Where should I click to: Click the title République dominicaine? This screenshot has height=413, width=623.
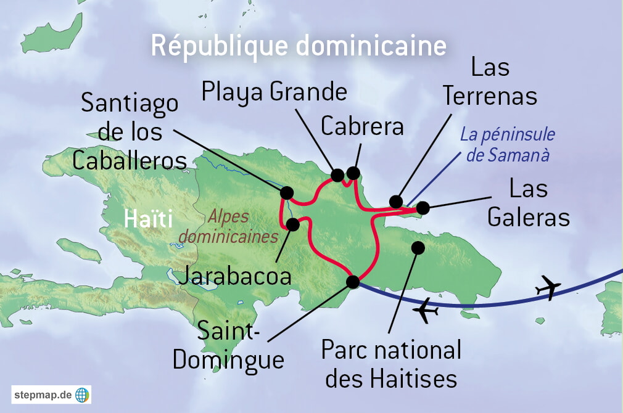click(x=299, y=47)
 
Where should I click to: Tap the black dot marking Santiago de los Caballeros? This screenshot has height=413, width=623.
click(x=287, y=193)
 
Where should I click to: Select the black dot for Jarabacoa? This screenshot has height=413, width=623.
click(x=293, y=224)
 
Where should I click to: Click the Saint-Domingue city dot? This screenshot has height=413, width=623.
click(x=353, y=282)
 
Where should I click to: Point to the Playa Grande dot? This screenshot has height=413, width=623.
click(x=337, y=175)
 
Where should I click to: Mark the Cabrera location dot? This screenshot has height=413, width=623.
click(x=353, y=172)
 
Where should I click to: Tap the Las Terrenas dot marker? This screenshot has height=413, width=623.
click(x=396, y=202)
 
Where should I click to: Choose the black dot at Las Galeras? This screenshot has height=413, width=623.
click(x=423, y=208)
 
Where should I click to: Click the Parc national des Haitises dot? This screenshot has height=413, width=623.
click(x=418, y=248)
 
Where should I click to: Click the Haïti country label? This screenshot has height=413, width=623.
click(x=148, y=219)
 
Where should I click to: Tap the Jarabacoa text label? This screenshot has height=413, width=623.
click(x=234, y=276)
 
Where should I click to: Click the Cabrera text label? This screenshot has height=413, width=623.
click(x=362, y=126)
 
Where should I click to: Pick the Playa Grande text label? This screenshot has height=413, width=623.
click(x=274, y=92)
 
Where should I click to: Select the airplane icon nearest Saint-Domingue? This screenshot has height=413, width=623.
click(x=426, y=311)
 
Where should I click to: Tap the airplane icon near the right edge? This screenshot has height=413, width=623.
click(x=548, y=287)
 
